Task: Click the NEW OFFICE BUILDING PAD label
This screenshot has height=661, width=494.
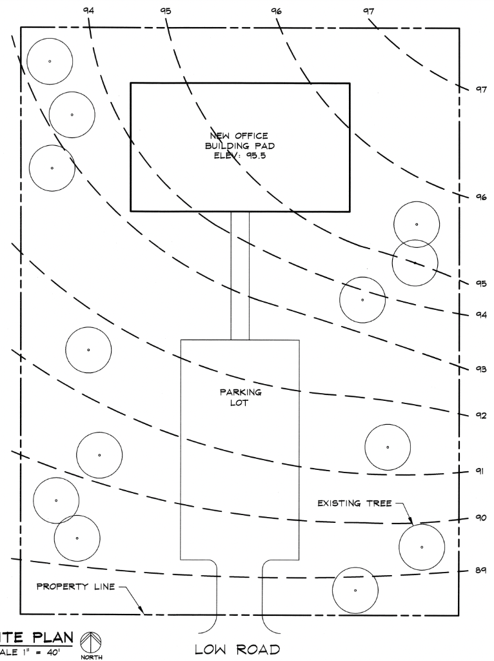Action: (240, 145)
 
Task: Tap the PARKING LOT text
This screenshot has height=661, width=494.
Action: (240, 398)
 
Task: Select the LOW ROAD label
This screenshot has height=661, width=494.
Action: (237, 649)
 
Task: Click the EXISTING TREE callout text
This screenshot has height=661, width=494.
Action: (354, 503)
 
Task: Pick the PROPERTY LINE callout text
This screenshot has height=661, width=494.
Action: (75, 587)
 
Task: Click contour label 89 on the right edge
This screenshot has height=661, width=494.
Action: (480, 570)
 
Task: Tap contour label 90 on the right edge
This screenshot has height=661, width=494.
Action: (480, 518)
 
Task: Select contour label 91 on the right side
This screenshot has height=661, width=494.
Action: (480, 471)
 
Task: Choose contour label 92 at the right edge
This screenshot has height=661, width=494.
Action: (480, 415)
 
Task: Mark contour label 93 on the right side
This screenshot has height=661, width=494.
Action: (480, 369)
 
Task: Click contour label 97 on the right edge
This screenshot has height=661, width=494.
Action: (480, 90)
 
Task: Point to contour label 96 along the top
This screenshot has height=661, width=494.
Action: (277, 11)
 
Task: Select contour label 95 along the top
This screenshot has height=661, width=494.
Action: (166, 11)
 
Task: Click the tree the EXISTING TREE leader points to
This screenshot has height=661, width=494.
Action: (422, 547)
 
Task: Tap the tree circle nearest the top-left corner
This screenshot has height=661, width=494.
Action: (50, 61)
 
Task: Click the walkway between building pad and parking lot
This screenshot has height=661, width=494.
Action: (240, 275)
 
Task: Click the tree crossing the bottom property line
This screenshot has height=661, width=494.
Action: (355, 590)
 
